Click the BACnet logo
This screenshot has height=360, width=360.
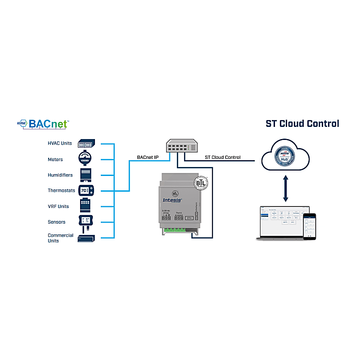[x=43, y=123]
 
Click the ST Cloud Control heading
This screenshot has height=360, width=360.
[x=302, y=123]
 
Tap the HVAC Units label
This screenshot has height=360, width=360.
[x=60, y=144]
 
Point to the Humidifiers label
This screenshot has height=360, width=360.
[x=60, y=175]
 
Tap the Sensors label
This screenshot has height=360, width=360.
[x=57, y=222]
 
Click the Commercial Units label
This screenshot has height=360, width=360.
[x=60, y=238]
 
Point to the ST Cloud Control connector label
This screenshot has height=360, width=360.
[x=223, y=157]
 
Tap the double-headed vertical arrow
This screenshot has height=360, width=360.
[x=285, y=189]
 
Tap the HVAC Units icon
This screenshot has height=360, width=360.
[x=87, y=144]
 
